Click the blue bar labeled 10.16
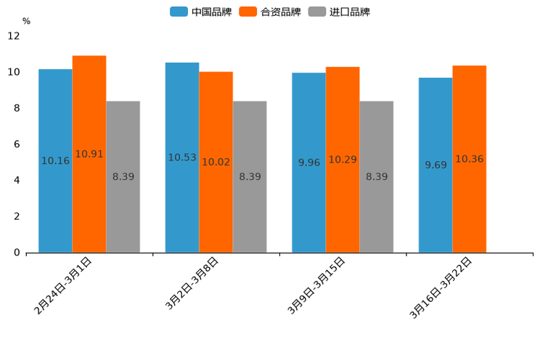[55, 160]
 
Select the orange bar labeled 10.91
[89, 154]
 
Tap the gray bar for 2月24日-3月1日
[123, 176]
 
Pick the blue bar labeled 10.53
[182, 157]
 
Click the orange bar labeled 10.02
[216, 162]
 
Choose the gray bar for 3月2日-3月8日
[250, 176]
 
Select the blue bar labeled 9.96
[308, 163]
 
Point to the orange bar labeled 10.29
[343, 160]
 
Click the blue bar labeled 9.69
[435, 165]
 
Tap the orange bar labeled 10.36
[469, 159]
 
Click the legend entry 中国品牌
[201, 12]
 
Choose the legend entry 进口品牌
[340, 12]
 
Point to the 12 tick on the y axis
[14, 36]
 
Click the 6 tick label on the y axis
[17, 144]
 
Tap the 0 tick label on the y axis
[17, 253]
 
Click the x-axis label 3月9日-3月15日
[317, 285]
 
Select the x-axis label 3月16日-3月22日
[441, 287]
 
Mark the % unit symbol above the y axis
[26, 21]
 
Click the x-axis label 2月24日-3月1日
[64, 285]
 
